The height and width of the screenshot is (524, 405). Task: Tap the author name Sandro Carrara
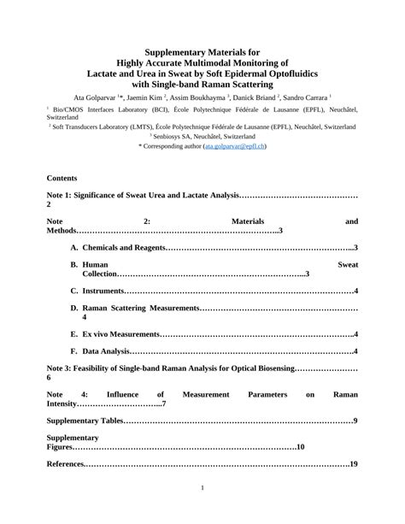coord(306,98)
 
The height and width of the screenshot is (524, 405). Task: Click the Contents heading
coord(62,178)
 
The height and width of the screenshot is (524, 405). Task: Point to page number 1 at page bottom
coord(202,488)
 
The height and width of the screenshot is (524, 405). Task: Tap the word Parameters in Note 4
coord(267,394)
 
